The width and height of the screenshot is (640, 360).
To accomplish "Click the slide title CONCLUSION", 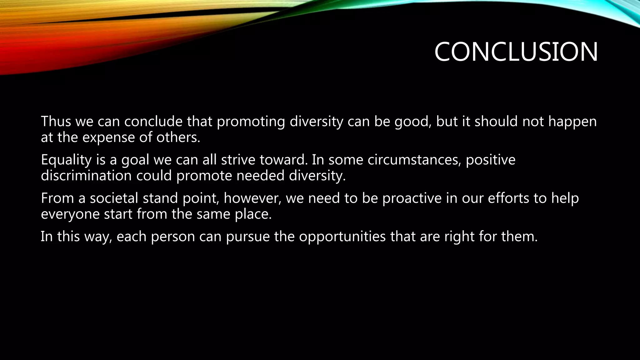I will (516, 52).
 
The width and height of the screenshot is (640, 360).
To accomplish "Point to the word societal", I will (114, 198).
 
